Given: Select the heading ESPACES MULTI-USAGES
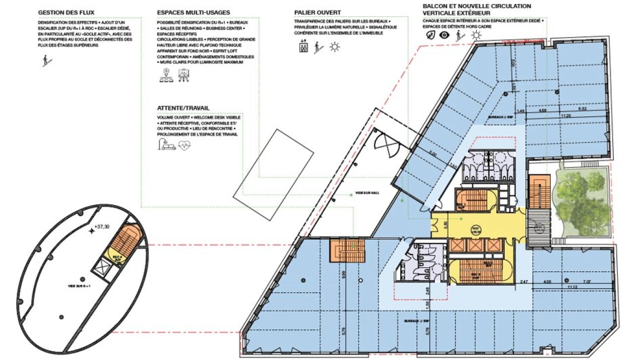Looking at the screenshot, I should click(193, 12).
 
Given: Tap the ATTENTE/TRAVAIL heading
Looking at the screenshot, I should click(183, 107).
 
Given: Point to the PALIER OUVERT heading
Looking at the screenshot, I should click(317, 12).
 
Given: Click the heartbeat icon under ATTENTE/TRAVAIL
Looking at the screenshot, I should click(184, 146).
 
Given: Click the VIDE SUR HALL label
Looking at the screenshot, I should click(367, 193).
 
